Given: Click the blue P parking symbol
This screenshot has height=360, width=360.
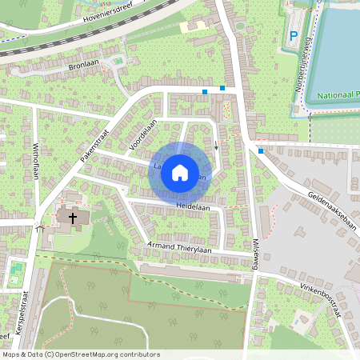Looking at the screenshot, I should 294,36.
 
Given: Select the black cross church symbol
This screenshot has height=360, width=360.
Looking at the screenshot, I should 72,217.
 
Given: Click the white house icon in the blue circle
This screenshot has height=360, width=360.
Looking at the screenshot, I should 180,172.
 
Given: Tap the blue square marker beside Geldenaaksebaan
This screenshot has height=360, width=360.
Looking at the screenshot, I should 261,150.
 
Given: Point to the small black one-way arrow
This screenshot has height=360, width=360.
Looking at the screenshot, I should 216,146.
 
